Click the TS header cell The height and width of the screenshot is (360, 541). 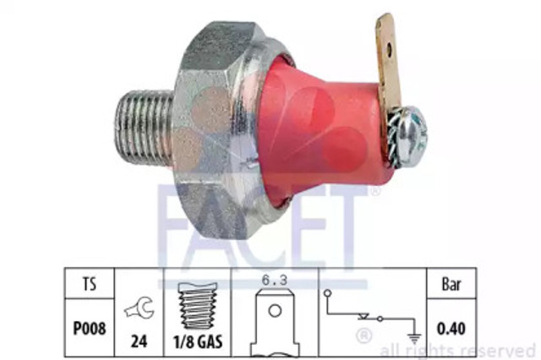(x=90, y=285)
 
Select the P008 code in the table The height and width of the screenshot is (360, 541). (x=90, y=328)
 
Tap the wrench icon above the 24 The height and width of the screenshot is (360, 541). (x=139, y=308)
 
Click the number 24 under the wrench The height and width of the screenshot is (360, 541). (x=139, y=341)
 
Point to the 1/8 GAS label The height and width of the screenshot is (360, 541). (x=198, y=341)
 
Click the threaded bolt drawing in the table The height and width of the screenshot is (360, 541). (x=198, y=306)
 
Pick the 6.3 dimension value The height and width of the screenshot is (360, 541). (x=275, y=280)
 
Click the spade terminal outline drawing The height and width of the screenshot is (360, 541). (x=275, y=323)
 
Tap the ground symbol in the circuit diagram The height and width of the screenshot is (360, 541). (x=414, y=338)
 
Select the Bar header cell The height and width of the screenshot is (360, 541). (x=451, y=285)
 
